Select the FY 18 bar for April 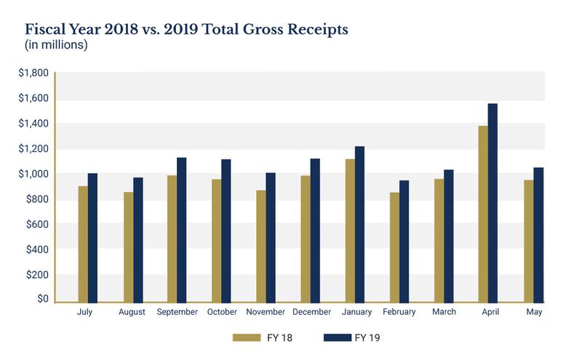click(483, 214)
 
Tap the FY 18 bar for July click(84, 244)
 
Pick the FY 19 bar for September click(182, 229)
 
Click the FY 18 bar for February click(394, 247)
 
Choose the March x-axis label click(444, 312)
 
